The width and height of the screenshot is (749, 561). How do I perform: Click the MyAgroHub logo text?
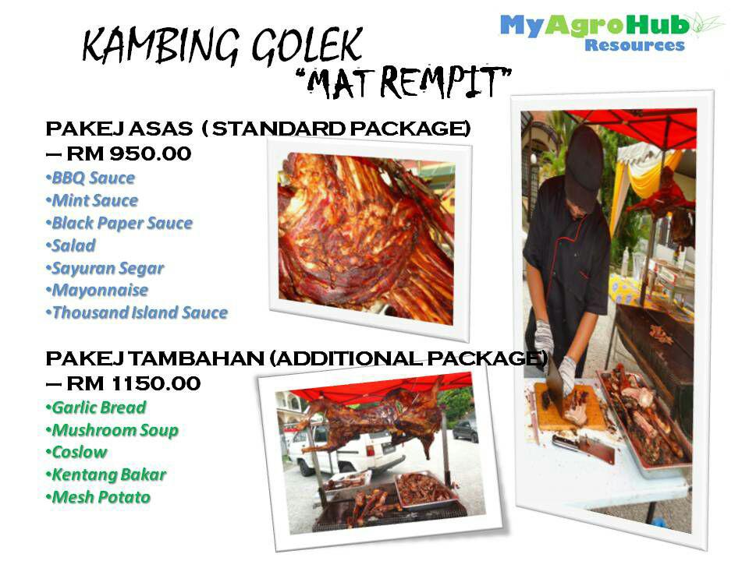tap(595, 26)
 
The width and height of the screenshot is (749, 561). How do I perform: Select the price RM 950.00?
tap(129, 153)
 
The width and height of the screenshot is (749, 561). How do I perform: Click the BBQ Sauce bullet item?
tap(93, 178)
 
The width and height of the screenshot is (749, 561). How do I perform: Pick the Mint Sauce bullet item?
tap(94, 200)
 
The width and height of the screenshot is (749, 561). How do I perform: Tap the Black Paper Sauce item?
tap(122, 223)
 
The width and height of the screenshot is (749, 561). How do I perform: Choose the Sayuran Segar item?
tap(108, 268)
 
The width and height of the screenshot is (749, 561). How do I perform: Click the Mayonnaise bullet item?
tap(99, 290)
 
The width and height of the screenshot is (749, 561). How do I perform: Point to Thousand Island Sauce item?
tap(140, 312)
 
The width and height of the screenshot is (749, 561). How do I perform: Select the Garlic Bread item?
tap(98, 407)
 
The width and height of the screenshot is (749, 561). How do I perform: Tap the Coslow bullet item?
tap(79, 452)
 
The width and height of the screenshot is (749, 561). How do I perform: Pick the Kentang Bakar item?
tap(108, 475)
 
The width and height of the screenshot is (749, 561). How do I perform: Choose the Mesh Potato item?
tap(101, 497)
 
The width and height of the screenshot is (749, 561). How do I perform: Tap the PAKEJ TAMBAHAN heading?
tap(296, 359)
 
